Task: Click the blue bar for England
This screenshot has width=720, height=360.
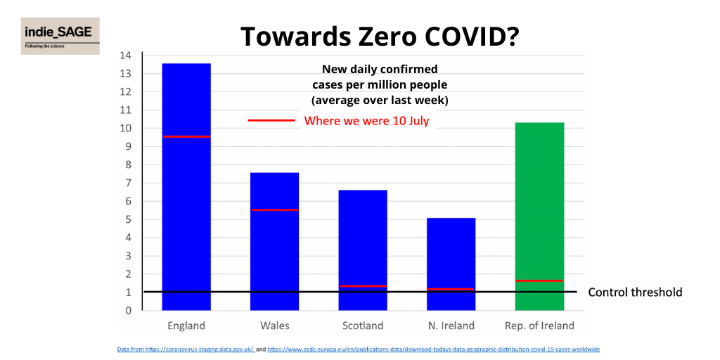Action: [186, 211]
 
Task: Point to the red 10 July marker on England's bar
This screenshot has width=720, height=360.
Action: [186, 136]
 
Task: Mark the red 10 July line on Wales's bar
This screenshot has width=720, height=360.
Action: [274, 210]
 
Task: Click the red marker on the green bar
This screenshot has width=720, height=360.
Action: [539, 281]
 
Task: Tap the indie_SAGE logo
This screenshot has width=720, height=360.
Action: [60, 36]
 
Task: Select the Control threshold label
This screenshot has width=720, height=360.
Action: [635, 292]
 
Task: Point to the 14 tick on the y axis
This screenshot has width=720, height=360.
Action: [126, 56]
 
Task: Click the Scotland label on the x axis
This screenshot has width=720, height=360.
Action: [363, 326]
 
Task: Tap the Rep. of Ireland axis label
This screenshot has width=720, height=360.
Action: [539, 326]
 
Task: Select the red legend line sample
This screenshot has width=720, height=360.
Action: [271, 121]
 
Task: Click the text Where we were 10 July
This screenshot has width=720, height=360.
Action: [366, 121]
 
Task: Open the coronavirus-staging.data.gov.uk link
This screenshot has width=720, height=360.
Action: [185, 349]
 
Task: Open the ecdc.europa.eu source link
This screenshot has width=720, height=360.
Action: [433, 349]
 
